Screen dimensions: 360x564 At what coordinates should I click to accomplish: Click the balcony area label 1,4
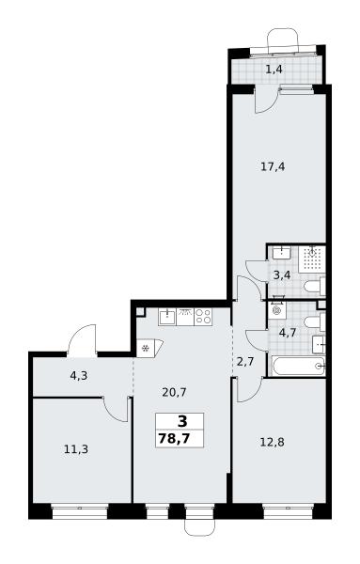pyautogui.click(x=274, y=69)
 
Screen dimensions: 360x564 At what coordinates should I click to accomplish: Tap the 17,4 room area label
pyautogui.click(x=273, y=166)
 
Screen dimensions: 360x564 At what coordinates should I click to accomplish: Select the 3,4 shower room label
pyautogui.click(x=282, y=275)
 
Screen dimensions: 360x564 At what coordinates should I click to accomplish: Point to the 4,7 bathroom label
pyautogui.click(x=288, y=333)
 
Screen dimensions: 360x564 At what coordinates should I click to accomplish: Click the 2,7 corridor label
pyautogui.click(x=245, y=361)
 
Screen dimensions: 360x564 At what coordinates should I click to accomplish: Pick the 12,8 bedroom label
pyautogui.click(x=272, y=442)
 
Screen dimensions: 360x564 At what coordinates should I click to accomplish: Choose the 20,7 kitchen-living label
pyautogui.click(x=174, y=392)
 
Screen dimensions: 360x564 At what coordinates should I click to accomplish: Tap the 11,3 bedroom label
pyautogui.click(x=76, y=449)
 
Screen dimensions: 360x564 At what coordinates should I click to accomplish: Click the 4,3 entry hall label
pyautogui.click(x=79, y=376)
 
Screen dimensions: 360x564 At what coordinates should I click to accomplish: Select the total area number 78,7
pyautogui.click(x=174, y=439)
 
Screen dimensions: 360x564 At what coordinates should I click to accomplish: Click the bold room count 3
pyautogui.click(x=182, y=421)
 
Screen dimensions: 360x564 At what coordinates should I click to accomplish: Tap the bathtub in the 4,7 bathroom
pyautogui.click(x=298, y=367)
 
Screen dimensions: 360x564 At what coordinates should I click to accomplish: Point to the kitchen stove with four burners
pyautogui.click(x=203, y=317)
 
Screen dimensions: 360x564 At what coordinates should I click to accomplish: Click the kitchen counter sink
pyautogui.click(x=167, y=317)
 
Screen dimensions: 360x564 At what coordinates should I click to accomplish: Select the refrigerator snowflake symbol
pyautogui.click(x=146, y=348)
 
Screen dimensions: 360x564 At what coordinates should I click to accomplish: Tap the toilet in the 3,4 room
pyautogui.click(x=315, y=287)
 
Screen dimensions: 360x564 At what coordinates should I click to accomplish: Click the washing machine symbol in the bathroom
pyautogui.click(x=277, y=310)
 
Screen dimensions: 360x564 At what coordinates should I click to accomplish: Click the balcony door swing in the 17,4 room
pyautogui.click(x=267, y=101)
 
